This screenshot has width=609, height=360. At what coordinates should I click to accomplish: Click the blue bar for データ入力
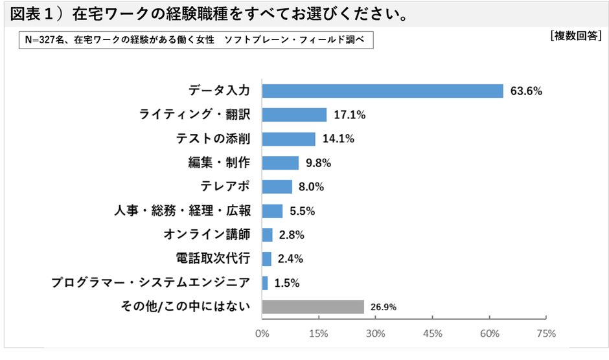click(382, 91)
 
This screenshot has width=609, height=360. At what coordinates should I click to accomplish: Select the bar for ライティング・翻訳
click(294, 115)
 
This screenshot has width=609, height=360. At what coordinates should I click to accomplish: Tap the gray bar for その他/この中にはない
click(313, 307)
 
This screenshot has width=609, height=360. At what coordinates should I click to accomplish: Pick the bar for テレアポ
click(277, 187)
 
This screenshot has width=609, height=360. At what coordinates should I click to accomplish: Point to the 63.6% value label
click(526, 91)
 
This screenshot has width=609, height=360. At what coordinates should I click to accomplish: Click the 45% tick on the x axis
click(432, 334)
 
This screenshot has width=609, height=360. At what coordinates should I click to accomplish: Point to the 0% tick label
click(262, 334)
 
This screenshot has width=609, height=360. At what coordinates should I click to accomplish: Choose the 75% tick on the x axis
click(546, 334)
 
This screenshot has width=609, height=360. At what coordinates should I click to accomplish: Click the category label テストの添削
click(213, 139)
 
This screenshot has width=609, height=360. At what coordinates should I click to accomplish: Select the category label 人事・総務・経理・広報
click(182, 211)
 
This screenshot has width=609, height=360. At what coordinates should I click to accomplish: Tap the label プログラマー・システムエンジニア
click(150, 283)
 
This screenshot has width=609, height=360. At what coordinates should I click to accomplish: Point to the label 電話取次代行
click(213, 259)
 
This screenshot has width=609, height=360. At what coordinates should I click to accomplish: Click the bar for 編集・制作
click(280, 163)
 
